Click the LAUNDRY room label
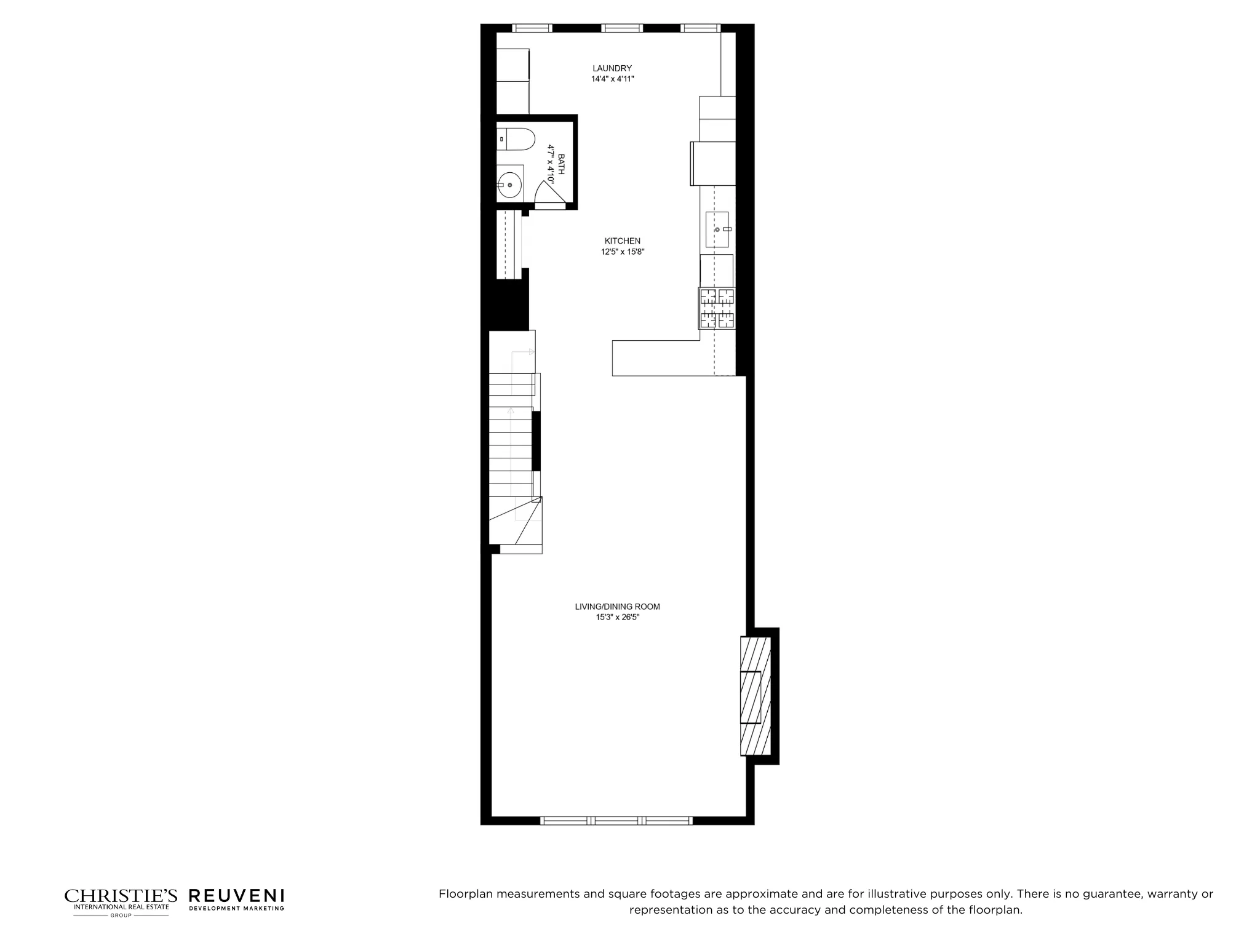point(612,68)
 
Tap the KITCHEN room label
point(622,241)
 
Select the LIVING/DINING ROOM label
point(617,607)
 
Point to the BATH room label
point(560,164)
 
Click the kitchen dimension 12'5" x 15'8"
point(622,252)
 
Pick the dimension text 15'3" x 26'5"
point(617,617)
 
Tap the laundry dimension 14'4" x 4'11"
point(612,79)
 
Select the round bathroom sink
point(509,184)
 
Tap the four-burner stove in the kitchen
point(717,308)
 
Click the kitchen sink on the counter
point(717,229)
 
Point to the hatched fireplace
point(755,695)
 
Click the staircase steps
point(511,443)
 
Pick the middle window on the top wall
point(621,28)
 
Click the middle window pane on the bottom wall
point(616,820)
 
